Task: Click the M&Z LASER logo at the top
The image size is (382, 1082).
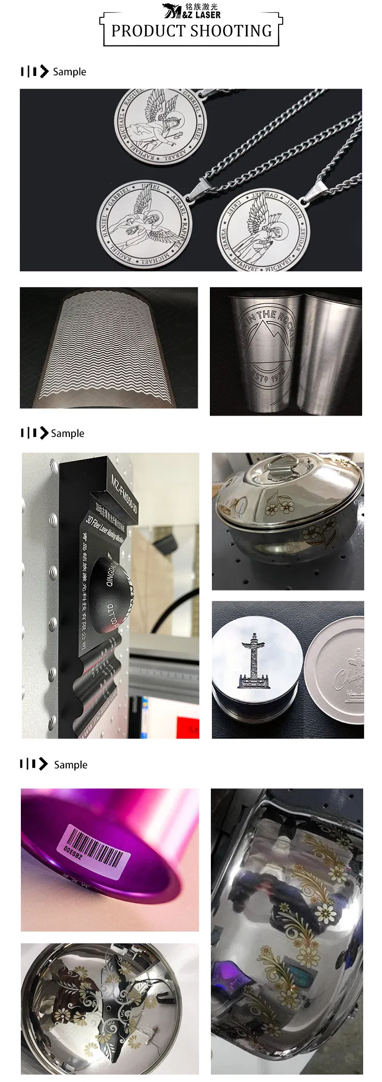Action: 192,10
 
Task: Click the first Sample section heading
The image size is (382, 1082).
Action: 69,72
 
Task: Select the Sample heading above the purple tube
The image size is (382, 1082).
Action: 70,765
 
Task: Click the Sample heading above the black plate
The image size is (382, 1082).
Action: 68,433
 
